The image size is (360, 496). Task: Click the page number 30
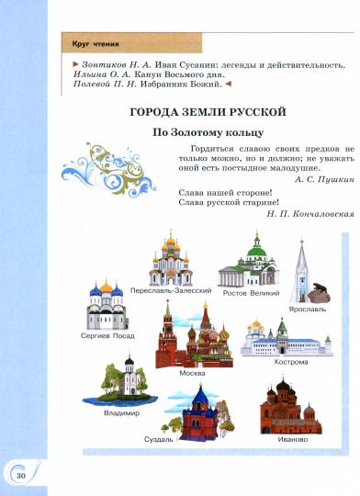pos(19,475)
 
